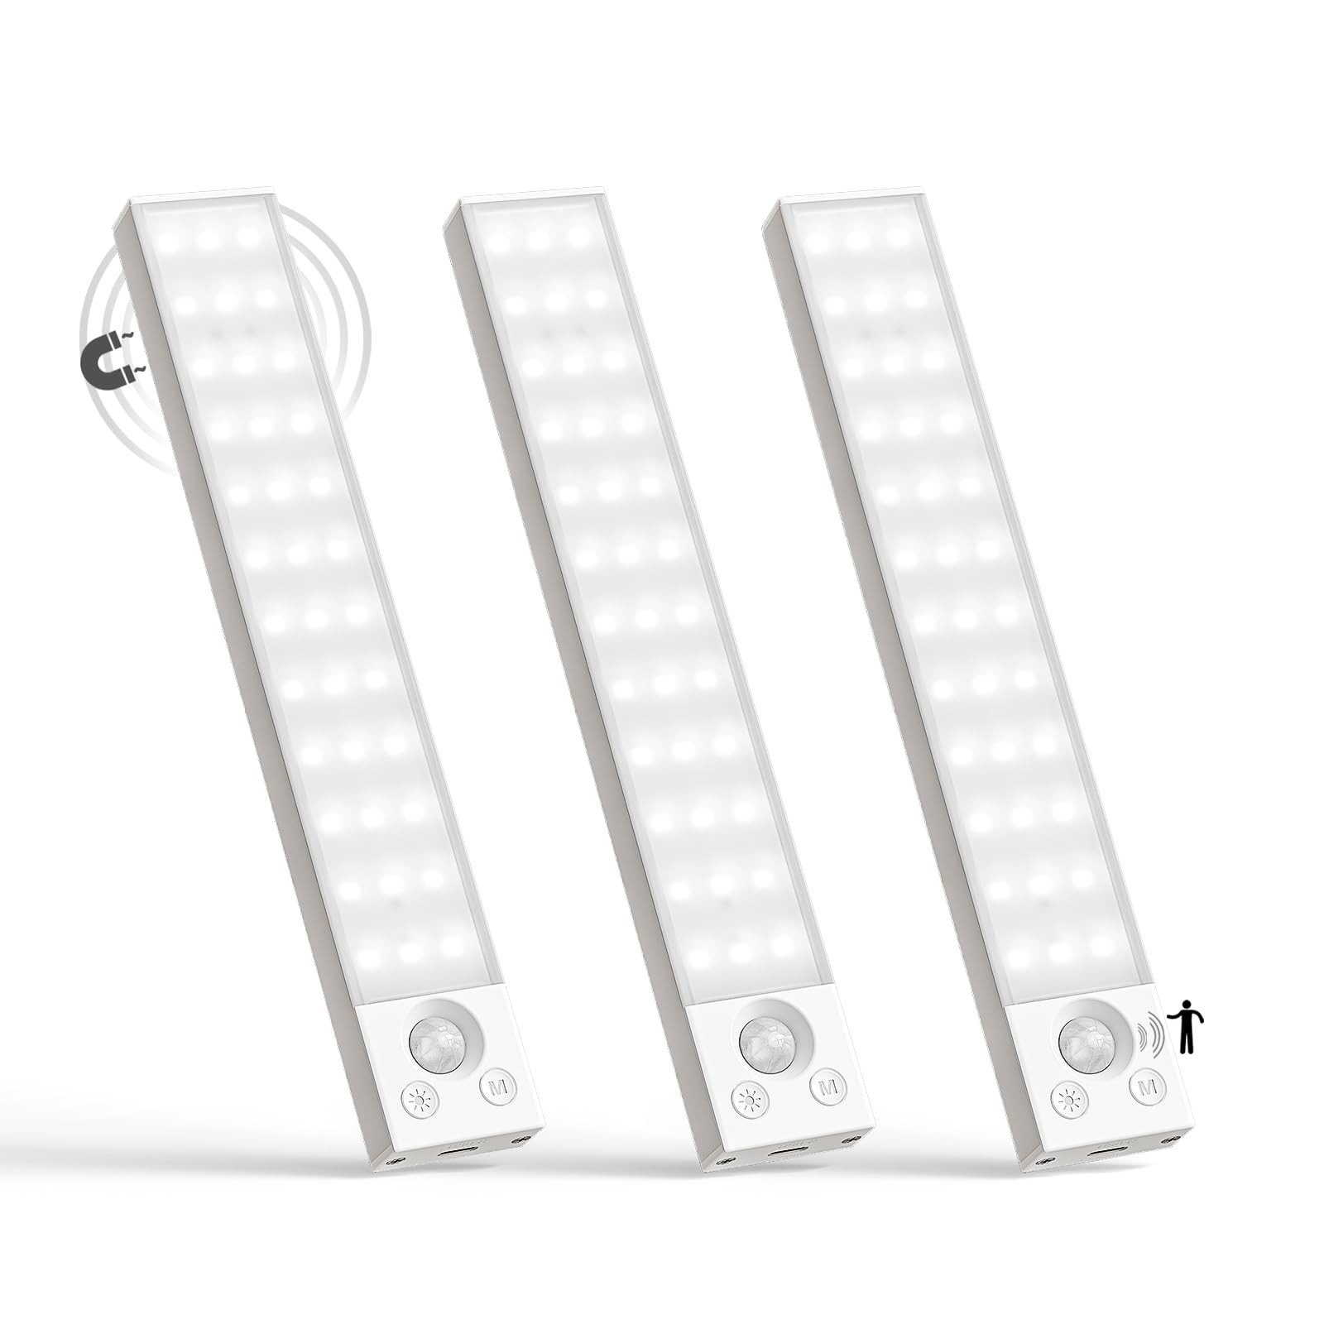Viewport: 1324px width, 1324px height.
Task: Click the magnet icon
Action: (108, 361)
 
